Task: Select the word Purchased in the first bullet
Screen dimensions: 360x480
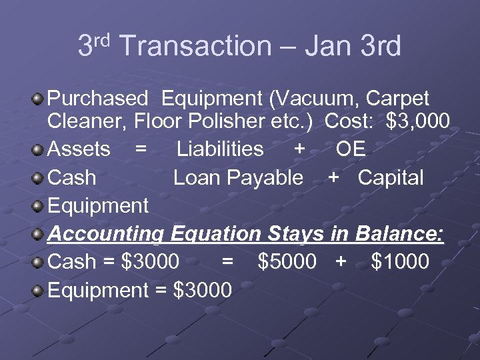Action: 97,99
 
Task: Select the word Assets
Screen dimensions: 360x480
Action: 79,149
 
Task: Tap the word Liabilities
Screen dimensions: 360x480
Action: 220,149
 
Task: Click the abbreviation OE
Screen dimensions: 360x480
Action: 351,149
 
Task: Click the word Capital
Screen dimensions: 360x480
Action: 391,178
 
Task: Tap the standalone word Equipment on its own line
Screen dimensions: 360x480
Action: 98,206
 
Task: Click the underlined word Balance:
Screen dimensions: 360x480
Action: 400,234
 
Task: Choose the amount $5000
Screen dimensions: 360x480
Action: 287,262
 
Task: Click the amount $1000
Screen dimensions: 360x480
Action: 399,262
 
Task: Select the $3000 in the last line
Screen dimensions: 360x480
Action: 202,291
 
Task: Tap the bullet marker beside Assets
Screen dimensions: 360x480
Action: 39,149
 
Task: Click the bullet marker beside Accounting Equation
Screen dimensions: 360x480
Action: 39,234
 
